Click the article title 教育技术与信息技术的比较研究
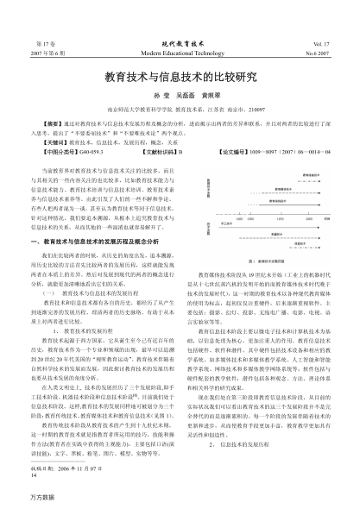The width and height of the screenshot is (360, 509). (180, 78)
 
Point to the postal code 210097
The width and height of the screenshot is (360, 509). (251, 110)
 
